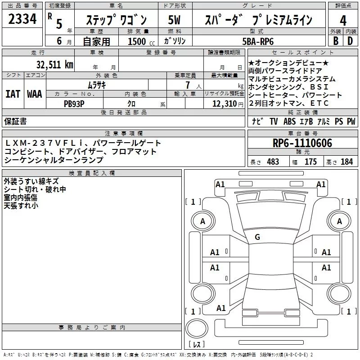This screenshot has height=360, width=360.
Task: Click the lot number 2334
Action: [x=22, y=20]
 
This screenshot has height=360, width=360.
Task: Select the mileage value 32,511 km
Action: [x=54, y=64]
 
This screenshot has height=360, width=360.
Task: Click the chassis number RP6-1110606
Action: [x=302, y=144]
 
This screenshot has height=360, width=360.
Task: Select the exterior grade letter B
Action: [x=335, y=41]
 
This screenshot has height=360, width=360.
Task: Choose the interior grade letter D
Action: [x=350, y=41]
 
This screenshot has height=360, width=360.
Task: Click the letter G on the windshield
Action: [x=257, y=237]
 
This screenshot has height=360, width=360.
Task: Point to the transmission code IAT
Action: [x=13, y=94]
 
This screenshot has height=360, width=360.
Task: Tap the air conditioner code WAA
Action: [x=34, y=94]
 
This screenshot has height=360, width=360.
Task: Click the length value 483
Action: [x=273, y=162]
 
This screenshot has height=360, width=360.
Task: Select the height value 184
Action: [x=346, y=162]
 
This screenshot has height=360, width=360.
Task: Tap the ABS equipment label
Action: [x=290, y=121]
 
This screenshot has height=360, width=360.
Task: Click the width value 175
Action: [x=310, y=162]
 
